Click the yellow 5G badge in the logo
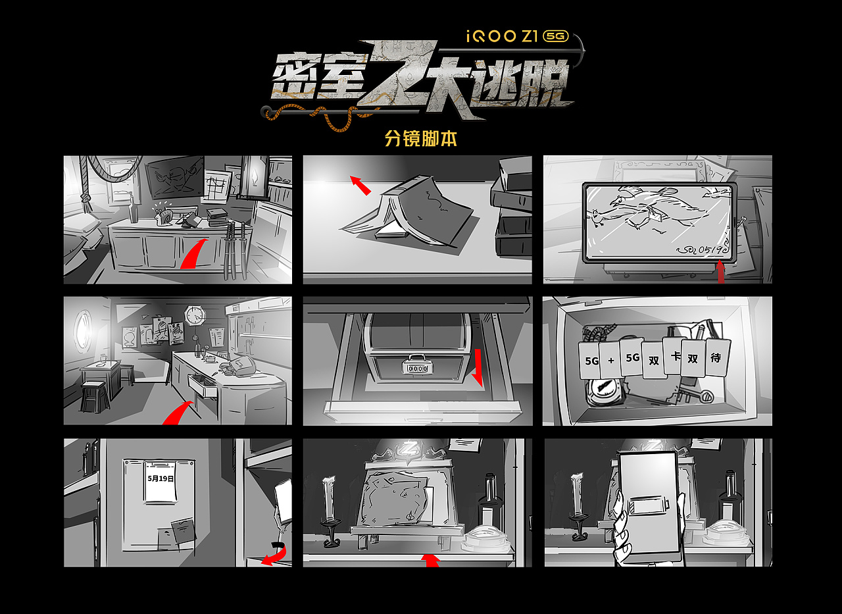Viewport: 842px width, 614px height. [557, 36]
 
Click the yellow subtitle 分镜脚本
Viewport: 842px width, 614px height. [420, 139]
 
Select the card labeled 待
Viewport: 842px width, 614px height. [716, 358]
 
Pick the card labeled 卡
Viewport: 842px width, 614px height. [674, 356]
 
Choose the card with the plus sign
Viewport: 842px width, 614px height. [610, 361]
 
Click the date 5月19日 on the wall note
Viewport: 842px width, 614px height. [161, 479]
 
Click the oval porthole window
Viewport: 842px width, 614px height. [84, 330]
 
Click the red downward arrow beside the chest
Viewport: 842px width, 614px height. [478, 367]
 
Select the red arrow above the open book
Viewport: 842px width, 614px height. [360, 185]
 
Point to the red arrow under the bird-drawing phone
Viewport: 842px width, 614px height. [721, 272]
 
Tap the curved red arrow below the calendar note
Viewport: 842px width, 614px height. [274, 554]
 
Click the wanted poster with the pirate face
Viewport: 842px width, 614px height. [174, 177]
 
